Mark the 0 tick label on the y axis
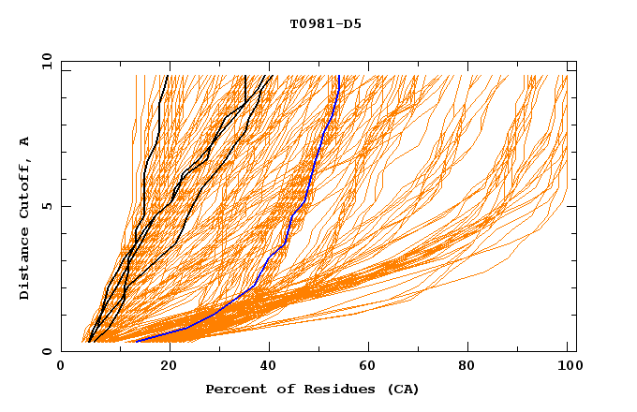pos(47,352)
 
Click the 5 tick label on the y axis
pos(47,207)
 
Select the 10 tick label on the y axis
pos(44,61)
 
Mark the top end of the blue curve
pos(337,76)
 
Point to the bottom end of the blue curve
pos(137,342)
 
